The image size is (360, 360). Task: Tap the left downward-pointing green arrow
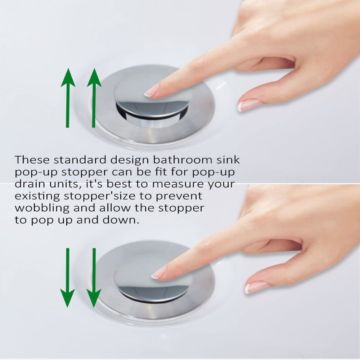point(67,277)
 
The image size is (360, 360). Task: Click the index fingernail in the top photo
point(151,91)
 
